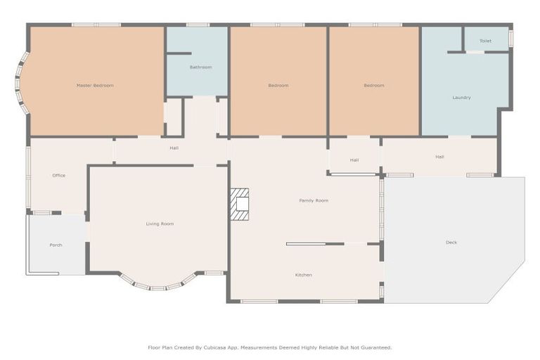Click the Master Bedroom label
[x=95, y=85]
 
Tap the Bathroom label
[x=200, y=67]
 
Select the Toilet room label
[x=486, y=41]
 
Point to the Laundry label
[x=461, y=98]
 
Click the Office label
[x=59, y=175]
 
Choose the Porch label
[x=56, y=245]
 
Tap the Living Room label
[x=160, y=224]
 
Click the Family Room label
[x=314, y=200]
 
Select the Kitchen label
[x=304, y=275]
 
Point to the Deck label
[x=451, y=243]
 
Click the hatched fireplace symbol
[x=240, y=204]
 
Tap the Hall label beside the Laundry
[x=439, y=157]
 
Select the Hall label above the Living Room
[x=174, y=148]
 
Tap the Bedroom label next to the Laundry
[x=374, y=85]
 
